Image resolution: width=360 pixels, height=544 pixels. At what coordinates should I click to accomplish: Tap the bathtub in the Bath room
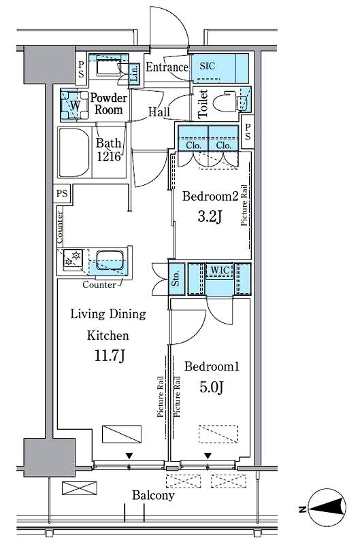click(74, 153)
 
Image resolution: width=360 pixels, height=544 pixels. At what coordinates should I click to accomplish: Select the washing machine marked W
click(74, 105)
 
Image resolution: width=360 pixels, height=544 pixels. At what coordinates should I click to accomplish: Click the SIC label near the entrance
click(208, 66)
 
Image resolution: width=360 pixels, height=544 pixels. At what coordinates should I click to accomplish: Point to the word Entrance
click(167, 67)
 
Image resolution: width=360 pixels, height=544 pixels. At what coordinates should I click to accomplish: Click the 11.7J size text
click(110, 356)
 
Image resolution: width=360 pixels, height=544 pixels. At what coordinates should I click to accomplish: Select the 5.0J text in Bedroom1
click(211, 387)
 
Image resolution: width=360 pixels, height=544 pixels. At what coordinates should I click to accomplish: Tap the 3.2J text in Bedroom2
click(210, 216)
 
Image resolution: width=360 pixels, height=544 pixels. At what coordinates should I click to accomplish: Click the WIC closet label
click(220, 270)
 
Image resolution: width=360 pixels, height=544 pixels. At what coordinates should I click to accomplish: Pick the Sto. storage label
click(176, 279)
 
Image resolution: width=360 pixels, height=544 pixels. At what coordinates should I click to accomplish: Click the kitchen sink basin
click(110, 261)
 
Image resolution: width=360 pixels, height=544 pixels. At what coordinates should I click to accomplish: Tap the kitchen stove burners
click(73, 258)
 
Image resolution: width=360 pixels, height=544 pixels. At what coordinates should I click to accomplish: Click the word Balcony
click(153, 496)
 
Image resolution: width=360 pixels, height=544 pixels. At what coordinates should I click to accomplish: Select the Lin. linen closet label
click(134, 73)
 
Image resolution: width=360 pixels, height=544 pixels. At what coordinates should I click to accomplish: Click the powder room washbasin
click(108, 67)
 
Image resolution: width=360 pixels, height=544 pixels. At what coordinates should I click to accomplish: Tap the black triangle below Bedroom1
click(208, 456)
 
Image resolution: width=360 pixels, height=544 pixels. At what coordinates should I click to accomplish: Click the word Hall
click(159, 112)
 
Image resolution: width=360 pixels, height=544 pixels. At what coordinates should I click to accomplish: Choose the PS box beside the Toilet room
click(247, 132)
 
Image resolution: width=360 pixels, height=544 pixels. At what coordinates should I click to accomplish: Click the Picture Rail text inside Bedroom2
click(244, 205)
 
